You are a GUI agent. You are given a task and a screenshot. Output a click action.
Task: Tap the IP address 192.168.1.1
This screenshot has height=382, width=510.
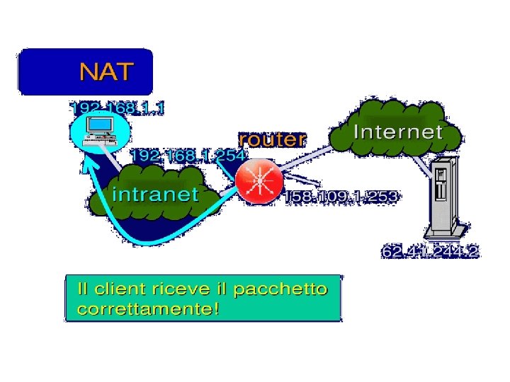pos(117,108)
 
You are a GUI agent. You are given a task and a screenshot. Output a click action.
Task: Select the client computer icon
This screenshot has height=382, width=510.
pos(99,130)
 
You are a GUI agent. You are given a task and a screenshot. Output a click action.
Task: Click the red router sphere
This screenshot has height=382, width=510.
pos(259,181)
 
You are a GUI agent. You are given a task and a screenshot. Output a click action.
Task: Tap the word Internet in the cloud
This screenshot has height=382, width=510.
pos(397,132)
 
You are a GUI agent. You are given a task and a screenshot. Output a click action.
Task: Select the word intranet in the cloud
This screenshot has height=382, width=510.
pos(155,194)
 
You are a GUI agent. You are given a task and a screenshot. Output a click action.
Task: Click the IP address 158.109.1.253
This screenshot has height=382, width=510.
pos(341,196)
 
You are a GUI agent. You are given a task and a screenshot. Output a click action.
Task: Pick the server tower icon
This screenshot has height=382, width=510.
pos(443,199)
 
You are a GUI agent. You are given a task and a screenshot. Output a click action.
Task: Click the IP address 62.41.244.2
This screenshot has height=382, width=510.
pos(430,252)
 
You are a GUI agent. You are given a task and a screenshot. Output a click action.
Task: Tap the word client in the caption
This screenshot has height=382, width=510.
pos(118,289)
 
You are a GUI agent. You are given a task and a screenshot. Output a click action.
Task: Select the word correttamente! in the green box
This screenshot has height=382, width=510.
pos(147,309)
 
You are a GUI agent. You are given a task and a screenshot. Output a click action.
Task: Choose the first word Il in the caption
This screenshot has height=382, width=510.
pos(83,289)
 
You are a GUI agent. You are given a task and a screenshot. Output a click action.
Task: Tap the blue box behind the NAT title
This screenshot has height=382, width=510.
pos(42,71)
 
